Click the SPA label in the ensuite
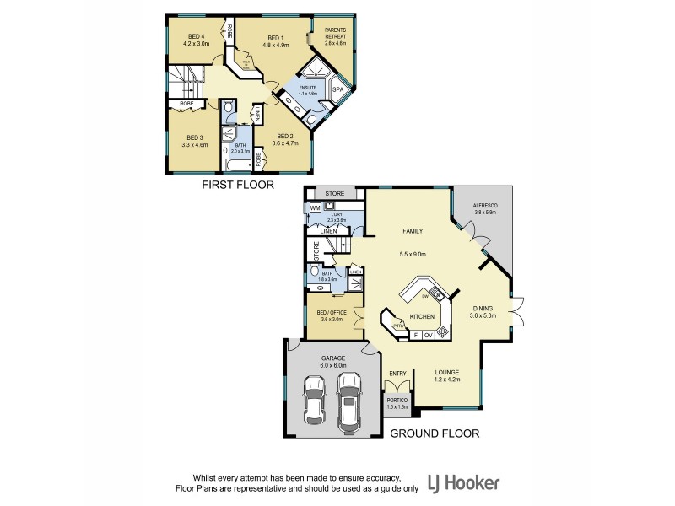coord(337,89)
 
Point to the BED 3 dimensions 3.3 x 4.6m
coord(195,144)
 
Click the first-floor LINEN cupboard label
coord(256,113)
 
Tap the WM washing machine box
coord(315,207)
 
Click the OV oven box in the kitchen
coord(428,335)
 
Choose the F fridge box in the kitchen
coord(415,335)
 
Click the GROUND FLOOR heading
coord(435,433)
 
